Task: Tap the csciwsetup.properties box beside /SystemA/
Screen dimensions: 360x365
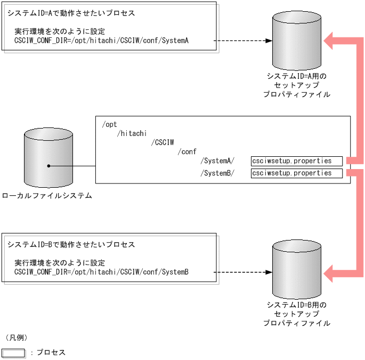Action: click(296, 161)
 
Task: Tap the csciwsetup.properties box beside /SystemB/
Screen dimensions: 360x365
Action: click(296, 173)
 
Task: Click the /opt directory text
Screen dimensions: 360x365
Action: click(109, 124)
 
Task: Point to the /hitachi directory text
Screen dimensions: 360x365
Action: click(132, 133)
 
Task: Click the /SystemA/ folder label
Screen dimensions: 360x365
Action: click(217, 161)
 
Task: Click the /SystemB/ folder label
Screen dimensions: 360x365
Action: click(217, 173)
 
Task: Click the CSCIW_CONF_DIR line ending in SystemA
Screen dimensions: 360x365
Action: click(101, 41)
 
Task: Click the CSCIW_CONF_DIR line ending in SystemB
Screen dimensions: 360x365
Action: click(101, 272)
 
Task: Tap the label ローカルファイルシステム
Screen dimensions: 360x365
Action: click(47, 196)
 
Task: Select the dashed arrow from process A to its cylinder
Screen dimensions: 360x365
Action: click(243, 41)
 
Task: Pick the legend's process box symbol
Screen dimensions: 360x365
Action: click(14, 353)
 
